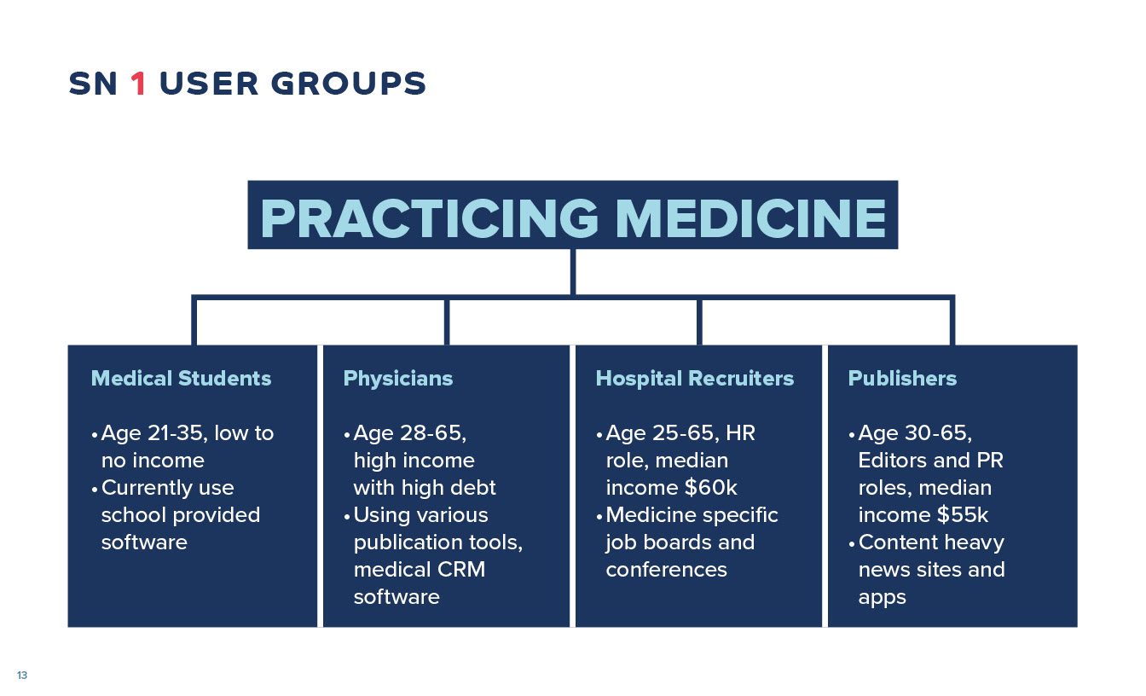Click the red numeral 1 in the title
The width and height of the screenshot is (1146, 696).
[x=138, y=84]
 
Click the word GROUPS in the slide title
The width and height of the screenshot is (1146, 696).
[x=349, y=84]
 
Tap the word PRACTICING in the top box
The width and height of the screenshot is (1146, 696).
[x=429, y=218]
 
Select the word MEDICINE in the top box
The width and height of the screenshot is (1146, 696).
[x=751, y=218]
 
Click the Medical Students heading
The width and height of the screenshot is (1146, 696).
[x=181, y=378]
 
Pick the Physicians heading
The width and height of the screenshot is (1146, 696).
[x=398, y=379]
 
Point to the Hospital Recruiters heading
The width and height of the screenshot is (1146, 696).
[x=695, y=379]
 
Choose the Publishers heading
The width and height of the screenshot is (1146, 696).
[x=902, y=378]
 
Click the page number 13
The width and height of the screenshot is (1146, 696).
[x=22, y=675]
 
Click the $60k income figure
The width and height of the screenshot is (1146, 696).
[x=711, y=488]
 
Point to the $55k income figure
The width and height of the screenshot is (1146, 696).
[x=963, y=515]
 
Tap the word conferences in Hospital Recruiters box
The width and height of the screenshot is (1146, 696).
[x=666, y=570]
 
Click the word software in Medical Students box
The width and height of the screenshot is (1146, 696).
[x=144, y=542]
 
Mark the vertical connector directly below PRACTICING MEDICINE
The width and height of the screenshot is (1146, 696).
[x=573, y=272]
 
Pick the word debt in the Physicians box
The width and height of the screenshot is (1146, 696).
[x=474, y=488]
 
